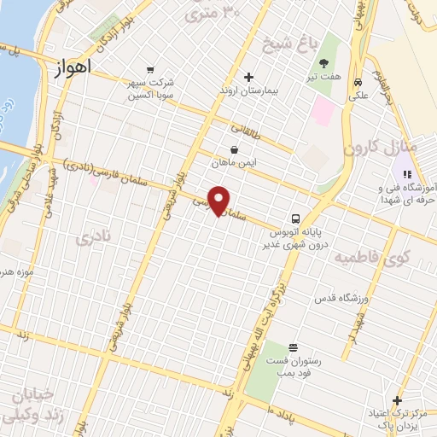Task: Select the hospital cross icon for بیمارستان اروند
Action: coord(248,77)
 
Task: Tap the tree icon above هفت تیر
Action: coord(323,63)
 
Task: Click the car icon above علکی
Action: coord(358,84)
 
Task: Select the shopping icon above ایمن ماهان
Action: coord(235,148)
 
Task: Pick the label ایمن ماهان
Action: coord(235,160)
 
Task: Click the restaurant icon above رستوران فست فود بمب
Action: coord(294,347)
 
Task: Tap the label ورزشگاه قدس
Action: coord(339,298)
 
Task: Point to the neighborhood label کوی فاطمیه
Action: coord(371,256)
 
